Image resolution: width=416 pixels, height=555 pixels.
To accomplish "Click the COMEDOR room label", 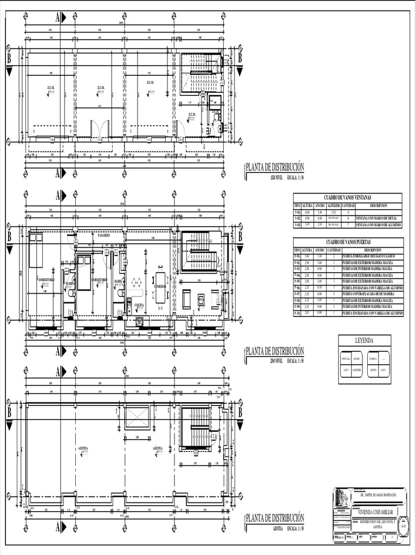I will (160, 286).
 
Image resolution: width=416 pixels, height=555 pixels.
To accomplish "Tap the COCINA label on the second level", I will (140, 306).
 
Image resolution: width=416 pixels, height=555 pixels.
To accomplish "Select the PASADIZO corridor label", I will (103, 236).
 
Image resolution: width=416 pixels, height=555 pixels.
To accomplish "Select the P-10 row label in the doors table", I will (297, 313).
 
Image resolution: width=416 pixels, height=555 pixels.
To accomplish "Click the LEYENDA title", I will (364, 340).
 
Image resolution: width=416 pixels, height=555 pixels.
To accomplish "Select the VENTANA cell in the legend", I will (346, 358).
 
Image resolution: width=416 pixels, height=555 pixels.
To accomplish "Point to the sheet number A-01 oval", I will (403, 526).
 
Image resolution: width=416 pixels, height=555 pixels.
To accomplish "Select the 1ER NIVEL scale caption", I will (276, 177).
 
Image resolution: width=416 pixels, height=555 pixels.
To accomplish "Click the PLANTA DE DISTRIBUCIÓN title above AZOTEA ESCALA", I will (275, 518).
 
